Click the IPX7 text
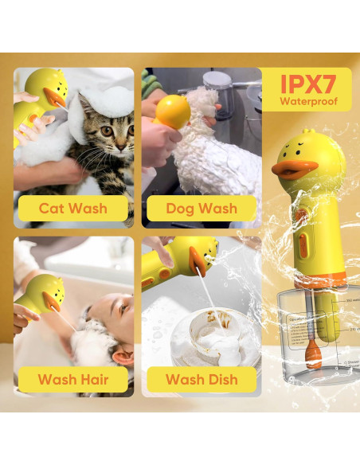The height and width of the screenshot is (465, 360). [x=307, y=84]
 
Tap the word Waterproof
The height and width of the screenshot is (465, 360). [x=307, y=102]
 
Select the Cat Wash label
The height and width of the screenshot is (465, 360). [x=73, y=209]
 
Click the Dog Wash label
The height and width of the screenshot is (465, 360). [x=202, y=209]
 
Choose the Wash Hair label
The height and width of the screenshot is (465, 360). [x=73, y=378]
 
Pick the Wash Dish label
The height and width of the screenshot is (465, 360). [x=202, y=378]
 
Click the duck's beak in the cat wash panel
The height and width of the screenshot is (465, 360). [x=54, y=98]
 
